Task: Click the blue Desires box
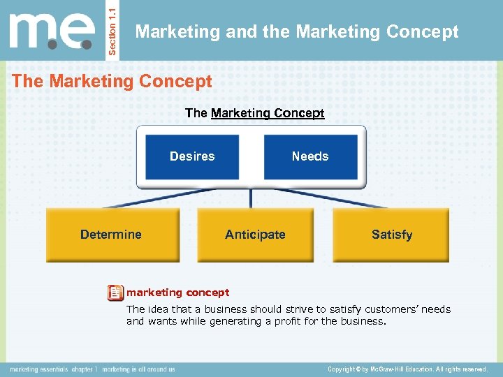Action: tap(192, 156)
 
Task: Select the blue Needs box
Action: tap(310, 156)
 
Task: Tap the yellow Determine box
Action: tap(112, 235)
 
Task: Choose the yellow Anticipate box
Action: tap(255, 235)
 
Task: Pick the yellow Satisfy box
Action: tap(391, 235)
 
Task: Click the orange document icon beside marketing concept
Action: tap(115, 293)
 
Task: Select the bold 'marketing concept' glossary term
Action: tap(177, 293)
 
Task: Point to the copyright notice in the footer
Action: tap(407, 369)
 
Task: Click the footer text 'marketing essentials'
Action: tap(38, 369)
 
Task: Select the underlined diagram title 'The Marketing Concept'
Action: tap(255, 113)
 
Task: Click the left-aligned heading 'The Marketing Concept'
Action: tap(112, 82)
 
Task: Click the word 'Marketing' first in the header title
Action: tap(168, 32)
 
